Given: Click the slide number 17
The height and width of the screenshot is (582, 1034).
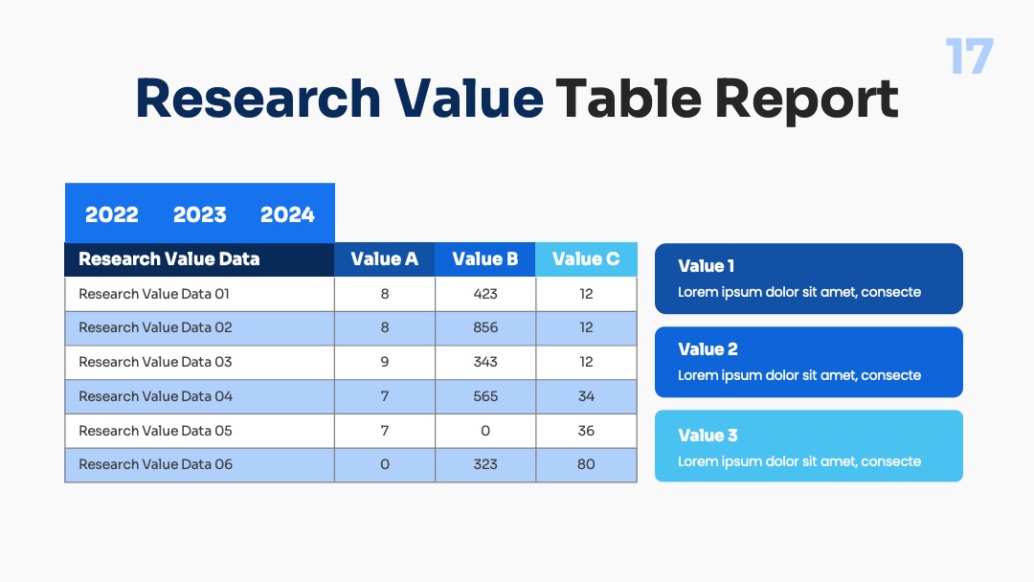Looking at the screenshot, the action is [969, 56].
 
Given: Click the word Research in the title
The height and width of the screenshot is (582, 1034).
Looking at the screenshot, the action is [258, 99].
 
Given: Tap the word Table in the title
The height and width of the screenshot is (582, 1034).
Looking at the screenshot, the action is [629, 99].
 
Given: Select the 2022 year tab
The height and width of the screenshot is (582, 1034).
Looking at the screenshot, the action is [111, 214].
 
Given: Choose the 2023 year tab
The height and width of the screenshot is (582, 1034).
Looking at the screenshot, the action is [200, 214].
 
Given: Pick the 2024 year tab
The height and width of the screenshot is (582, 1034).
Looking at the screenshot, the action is [287, 214].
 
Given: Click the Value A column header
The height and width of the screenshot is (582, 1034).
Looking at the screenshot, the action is [385, 259].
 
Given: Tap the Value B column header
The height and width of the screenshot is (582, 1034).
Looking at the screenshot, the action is [485, 259].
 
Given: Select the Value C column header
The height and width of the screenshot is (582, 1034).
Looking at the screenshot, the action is [586, 259].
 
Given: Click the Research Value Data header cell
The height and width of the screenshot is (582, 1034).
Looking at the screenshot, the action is [199, 259].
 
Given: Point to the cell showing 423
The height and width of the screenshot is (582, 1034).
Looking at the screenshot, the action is [485, 294].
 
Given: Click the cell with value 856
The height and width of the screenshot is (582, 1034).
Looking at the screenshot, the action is [485, 328].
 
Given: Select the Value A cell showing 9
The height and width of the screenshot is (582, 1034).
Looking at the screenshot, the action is [385, 363].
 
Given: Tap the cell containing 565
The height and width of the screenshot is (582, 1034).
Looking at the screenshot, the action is [485, 397].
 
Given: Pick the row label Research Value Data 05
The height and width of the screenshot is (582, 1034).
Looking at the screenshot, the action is [156, 431].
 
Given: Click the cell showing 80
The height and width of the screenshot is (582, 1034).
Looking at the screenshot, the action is [586, 465].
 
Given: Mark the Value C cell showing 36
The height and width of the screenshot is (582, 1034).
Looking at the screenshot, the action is [586, 431].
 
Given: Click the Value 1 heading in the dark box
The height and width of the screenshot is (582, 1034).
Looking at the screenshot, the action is [707, 266].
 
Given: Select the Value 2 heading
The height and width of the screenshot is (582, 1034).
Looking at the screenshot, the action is [708, 349].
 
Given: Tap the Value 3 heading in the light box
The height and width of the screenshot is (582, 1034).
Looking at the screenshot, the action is [708, 436].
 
